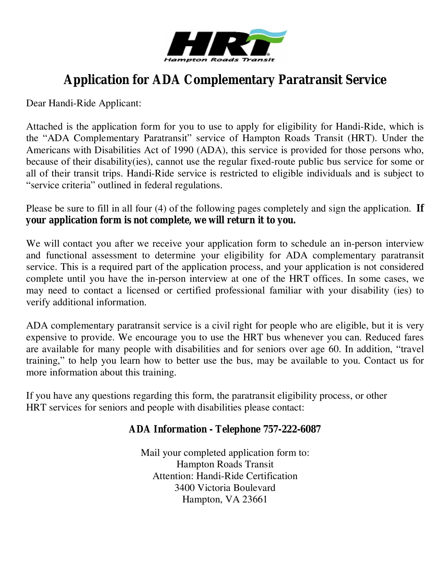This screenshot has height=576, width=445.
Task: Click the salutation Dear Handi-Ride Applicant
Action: click(84, 103)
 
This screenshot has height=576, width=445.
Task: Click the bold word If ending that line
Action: click(420, 208)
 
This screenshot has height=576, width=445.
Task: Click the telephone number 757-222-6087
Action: click(292, 429)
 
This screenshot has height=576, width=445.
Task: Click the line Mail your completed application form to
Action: click(225, 453)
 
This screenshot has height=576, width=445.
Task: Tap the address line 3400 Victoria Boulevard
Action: click(225, 488)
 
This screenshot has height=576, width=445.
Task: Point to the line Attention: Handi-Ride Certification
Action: click(225, 476)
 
